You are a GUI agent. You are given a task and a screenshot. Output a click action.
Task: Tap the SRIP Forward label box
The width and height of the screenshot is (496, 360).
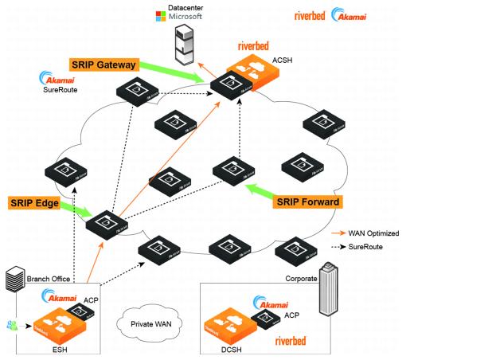[308, 202]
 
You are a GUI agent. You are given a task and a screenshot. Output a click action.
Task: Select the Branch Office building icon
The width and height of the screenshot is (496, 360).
[14, 280]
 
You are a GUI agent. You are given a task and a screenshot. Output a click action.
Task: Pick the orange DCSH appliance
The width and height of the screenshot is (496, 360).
[239, 330]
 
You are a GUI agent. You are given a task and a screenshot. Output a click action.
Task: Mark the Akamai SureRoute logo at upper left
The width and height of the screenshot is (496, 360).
[57, 82]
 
